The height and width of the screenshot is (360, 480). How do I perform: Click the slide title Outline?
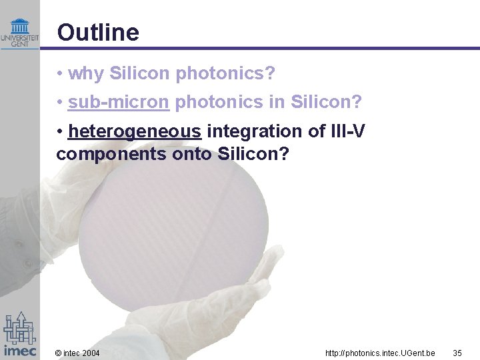[98, 33]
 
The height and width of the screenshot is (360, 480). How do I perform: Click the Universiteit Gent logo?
[20, 33]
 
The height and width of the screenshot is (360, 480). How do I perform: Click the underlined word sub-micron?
[118, 103]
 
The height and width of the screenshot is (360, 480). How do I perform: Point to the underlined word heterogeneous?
[134, 131]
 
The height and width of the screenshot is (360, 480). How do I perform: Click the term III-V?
[347, 131]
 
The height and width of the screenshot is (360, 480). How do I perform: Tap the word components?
[101, 154]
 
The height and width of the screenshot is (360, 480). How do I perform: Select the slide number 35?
[457, 353]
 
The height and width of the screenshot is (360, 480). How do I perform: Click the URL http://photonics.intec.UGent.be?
[380, 353]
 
